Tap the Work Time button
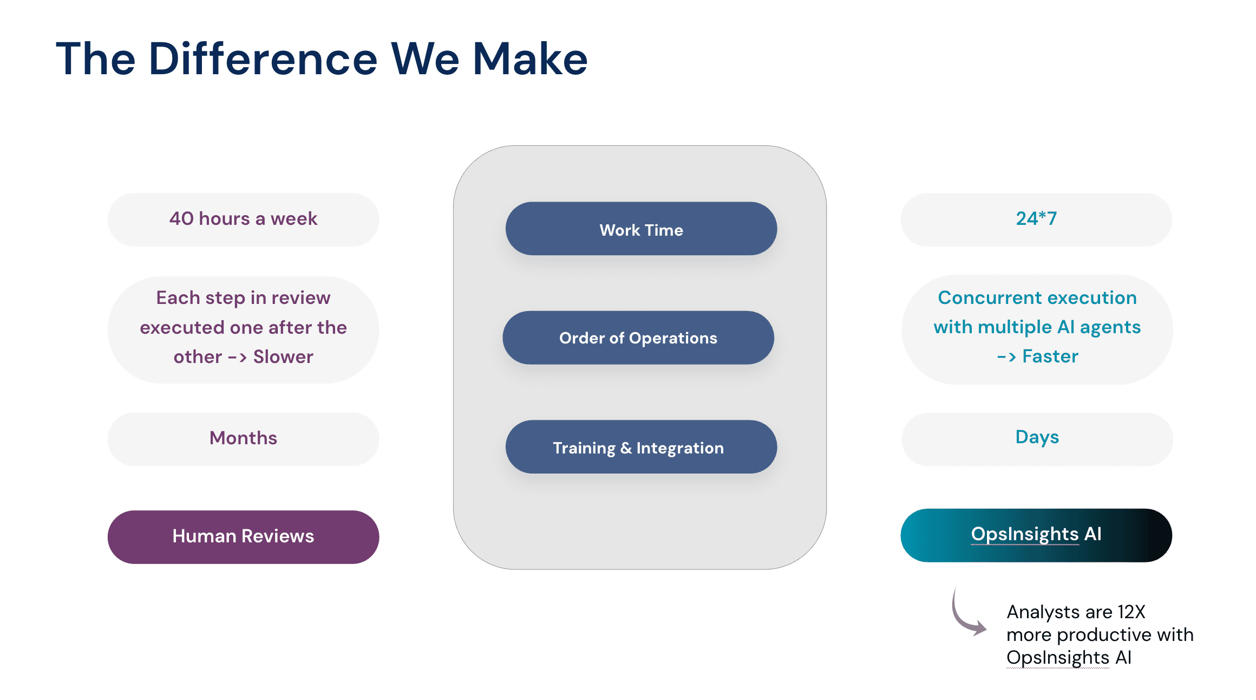(641, 229)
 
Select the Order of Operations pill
(638, 338)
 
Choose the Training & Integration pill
(641, 447)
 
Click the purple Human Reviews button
(243, 536)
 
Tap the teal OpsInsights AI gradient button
(1036, 535)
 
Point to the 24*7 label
(1036, 219)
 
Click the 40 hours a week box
(243, 219)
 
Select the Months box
(243, 438)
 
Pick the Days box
(1037, 438)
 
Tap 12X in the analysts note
(1131, 612)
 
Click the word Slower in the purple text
(283, 357)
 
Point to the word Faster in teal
(1050, 357)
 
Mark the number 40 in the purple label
(181, 219)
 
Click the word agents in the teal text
(1110, 327)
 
